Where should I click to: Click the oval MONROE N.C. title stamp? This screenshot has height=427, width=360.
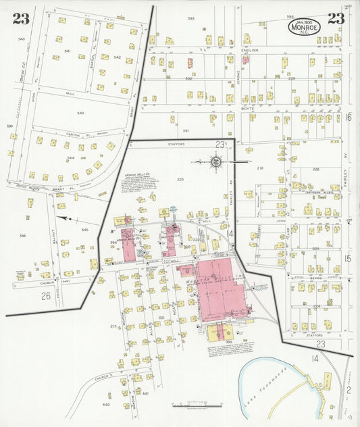305,26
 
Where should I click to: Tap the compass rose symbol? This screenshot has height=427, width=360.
216,161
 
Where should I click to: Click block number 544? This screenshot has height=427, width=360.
70,157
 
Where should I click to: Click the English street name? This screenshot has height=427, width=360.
250,50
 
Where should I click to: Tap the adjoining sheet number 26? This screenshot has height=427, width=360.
46,295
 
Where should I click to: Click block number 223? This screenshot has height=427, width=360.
180,179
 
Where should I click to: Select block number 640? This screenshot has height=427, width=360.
106,405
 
